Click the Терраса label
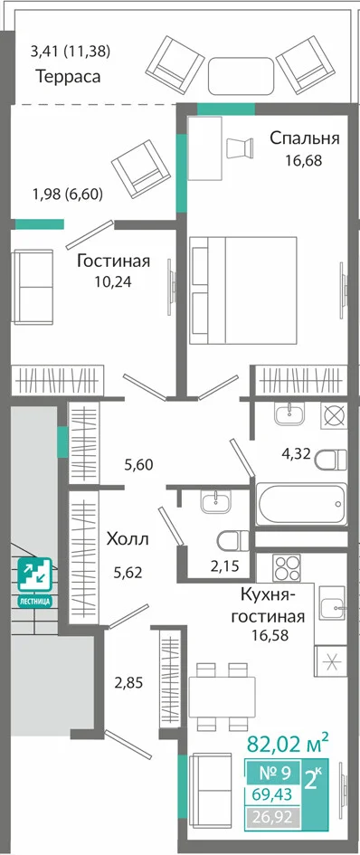[x=68, y=77]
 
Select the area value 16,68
[x=304, y=160]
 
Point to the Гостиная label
[x=113, y=261]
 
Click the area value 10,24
[x=113, y=282]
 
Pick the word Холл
[x=128, y=539]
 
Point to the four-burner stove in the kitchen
[x=287, y=568]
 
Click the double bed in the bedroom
[x=242, y=290]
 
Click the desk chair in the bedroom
[x=240, y=147]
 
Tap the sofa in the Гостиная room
[x=33, y=287]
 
